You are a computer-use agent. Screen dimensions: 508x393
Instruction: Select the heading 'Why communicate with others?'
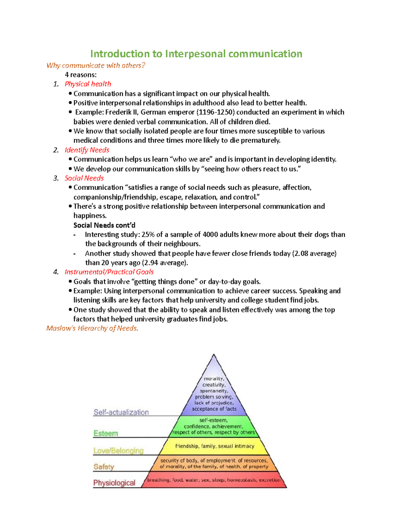click(96, 65)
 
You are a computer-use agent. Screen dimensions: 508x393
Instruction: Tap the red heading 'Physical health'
click(88, 84)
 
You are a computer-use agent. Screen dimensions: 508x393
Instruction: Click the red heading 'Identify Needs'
click(87, 150)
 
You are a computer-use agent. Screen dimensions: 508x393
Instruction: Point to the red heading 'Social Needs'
click(84, 178)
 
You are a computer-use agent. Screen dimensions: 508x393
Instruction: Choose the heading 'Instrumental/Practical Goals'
click(109, 272)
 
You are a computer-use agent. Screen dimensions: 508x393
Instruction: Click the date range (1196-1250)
click(215, 112)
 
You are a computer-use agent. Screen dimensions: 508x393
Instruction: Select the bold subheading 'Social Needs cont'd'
click(104, 225)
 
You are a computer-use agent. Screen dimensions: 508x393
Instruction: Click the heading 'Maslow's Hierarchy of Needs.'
click(92, 328)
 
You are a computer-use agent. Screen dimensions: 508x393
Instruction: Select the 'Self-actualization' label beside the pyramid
click(121, 412)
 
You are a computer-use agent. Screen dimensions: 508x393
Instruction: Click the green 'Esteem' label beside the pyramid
click(105, 433)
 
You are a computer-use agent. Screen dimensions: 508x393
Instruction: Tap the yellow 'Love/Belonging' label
click(118, 451)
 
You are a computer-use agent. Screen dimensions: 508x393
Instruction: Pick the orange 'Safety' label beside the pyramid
click(104, 467)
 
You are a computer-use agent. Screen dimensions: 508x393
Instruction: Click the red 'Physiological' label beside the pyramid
click(114, 483)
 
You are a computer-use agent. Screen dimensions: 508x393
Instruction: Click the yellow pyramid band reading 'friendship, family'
click(215, 446)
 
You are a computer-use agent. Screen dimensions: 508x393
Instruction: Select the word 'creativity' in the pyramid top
click(214, 385)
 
